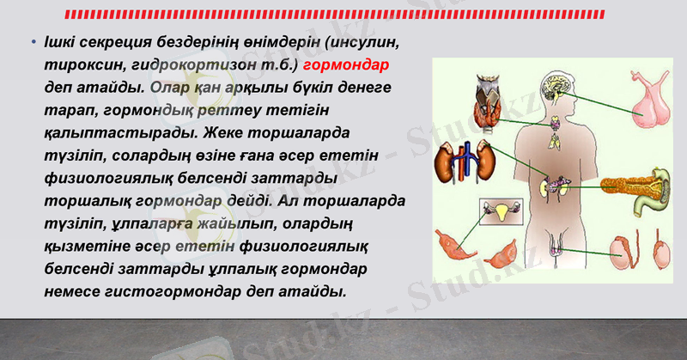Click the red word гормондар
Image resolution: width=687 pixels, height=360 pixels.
point(347,64)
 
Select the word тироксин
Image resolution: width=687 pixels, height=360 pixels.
point(82,64)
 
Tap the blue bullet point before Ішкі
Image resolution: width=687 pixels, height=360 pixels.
point(32,41)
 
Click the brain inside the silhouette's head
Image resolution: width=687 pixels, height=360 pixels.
point(553,87)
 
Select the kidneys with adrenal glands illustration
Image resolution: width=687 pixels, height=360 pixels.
point(464,164)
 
